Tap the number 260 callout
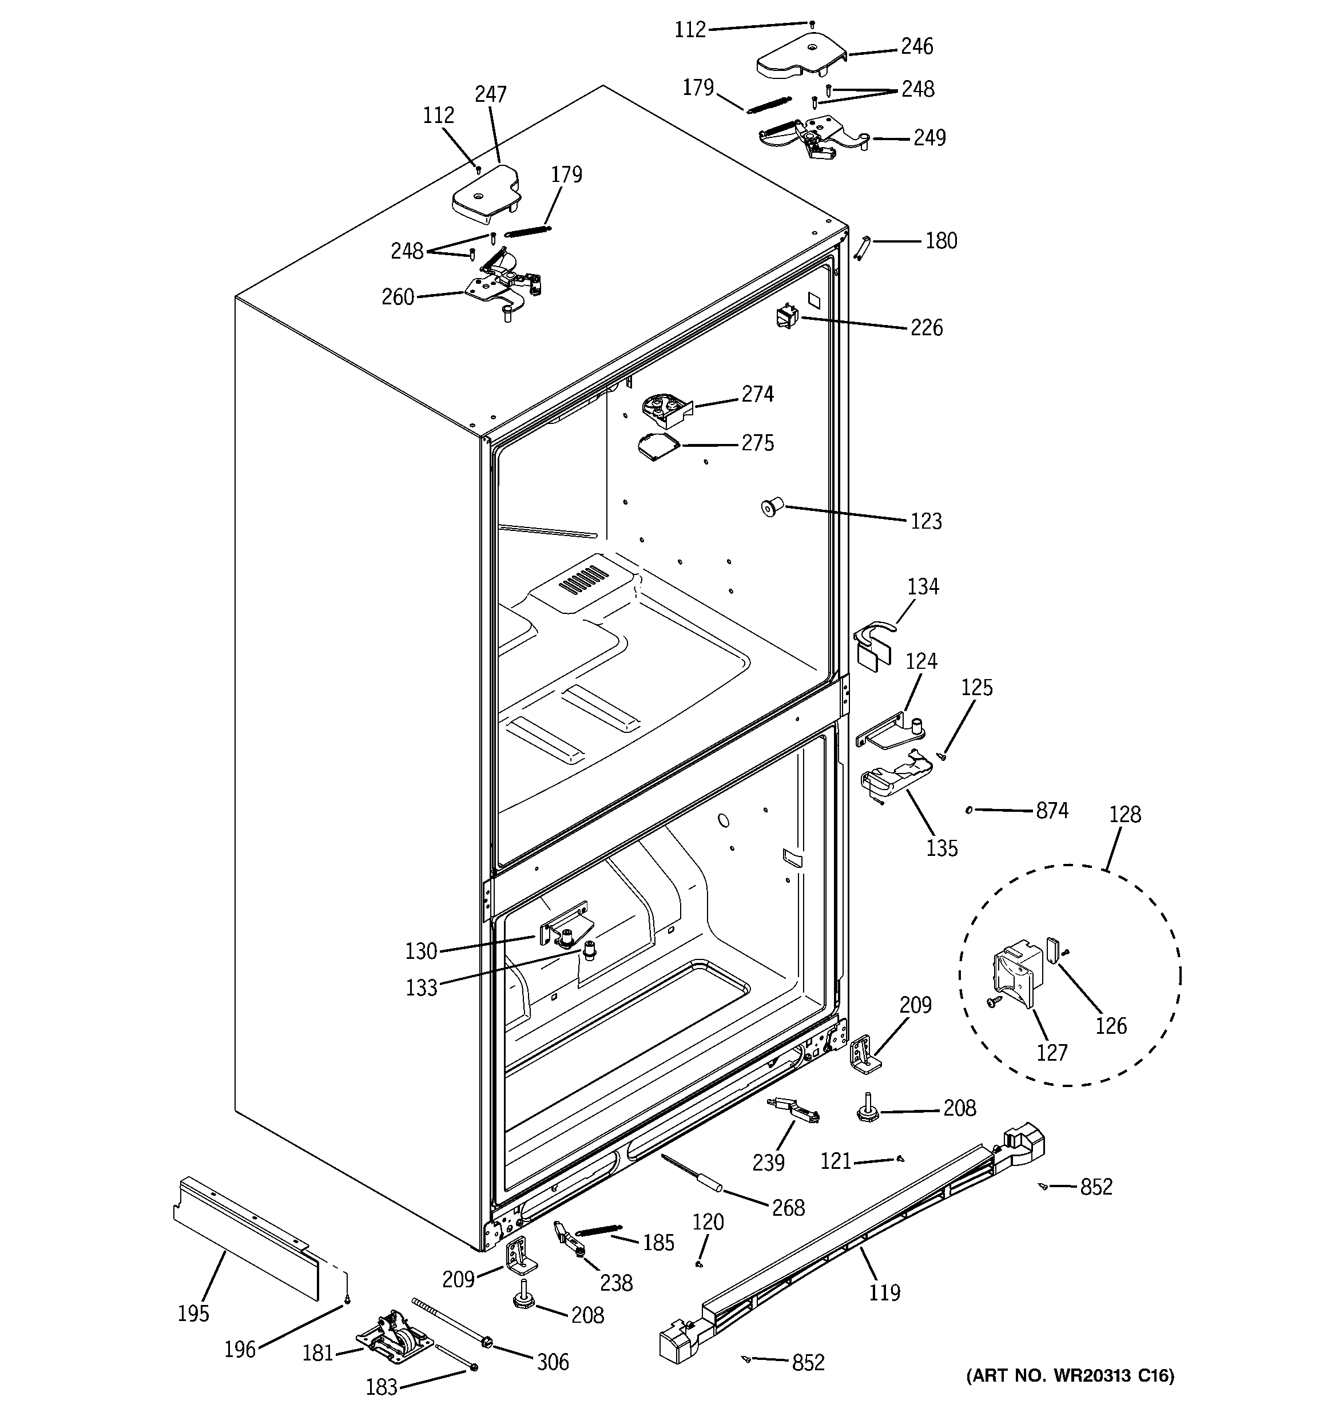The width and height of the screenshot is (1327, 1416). (398, 297)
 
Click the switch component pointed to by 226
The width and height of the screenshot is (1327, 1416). (787, 316)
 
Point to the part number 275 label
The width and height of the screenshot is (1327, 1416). (757, 443)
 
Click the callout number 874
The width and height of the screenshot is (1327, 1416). (1051, 811)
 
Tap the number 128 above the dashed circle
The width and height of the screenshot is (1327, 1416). (1125, 814)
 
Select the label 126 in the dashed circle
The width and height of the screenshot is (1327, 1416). (1110, 1026)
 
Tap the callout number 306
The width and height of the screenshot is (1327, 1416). (553, 1362)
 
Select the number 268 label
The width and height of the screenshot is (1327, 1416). (788, 1207)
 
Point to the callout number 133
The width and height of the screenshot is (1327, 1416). (421, 988)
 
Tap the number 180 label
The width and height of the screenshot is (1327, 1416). (941, 241)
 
